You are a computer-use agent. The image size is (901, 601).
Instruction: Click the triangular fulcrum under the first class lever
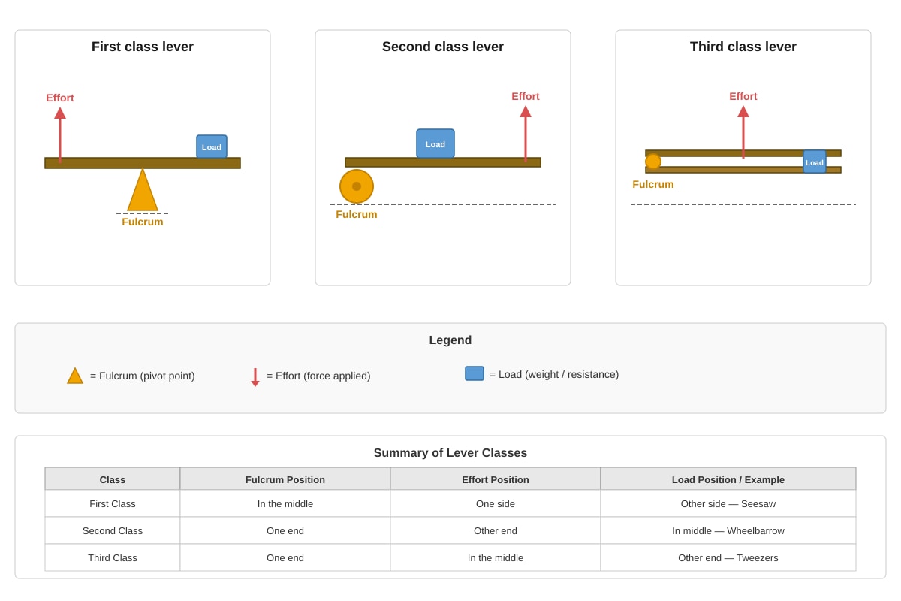tap(143, 192)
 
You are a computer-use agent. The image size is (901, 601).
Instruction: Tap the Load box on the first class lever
tap(212, 146)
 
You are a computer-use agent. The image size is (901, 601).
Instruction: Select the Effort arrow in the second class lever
tap(526, 134)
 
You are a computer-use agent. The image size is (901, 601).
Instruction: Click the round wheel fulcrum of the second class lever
tap(357, 186)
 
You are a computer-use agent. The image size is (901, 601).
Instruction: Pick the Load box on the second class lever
tap(435, 143)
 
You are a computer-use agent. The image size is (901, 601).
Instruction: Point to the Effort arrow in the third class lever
tap(743, 131)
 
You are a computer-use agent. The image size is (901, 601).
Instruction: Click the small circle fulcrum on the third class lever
tap(652, 162)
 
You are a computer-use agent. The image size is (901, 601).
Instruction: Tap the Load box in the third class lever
tap(815, 162)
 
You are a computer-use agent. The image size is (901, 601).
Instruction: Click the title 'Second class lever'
tap(442, 47)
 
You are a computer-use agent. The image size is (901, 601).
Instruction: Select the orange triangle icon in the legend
tap(75, 376)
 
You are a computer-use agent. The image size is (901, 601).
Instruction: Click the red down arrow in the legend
tap(255, 377)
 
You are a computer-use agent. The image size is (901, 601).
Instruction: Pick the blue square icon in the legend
tap(475, 373)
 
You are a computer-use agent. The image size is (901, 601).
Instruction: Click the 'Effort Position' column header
tap(495, 479)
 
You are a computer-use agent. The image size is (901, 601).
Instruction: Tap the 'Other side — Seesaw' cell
tap(728, 503)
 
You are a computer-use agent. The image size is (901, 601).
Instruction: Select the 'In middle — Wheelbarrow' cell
tap(728, 530)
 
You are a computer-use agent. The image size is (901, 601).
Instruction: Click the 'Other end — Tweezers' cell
tap(728, 557)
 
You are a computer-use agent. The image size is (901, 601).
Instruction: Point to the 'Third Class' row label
tap(113, 557)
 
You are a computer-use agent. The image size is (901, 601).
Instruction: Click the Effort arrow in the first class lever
tap(60, 135)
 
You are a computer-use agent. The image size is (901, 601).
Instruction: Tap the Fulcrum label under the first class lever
tap(143, 222)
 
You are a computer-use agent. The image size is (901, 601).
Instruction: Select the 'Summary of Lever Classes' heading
tap(450, 452)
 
